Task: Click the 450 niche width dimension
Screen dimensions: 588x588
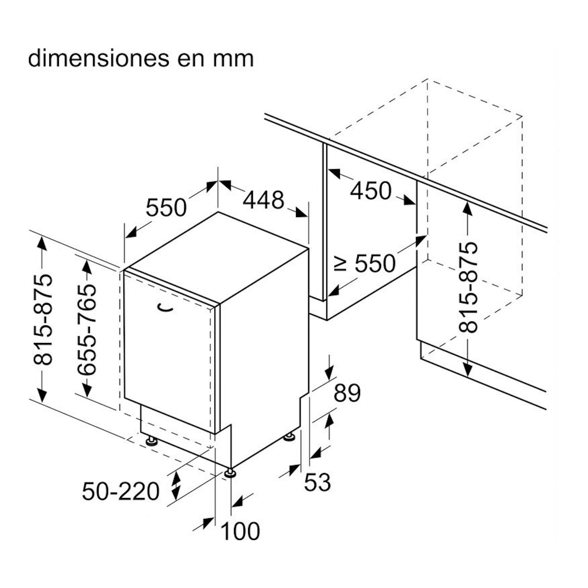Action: click(x=371, y=191)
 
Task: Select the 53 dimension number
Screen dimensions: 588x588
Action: click(x=317, y=491)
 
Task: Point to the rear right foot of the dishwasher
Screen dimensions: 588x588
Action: click(x=289, y=437)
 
